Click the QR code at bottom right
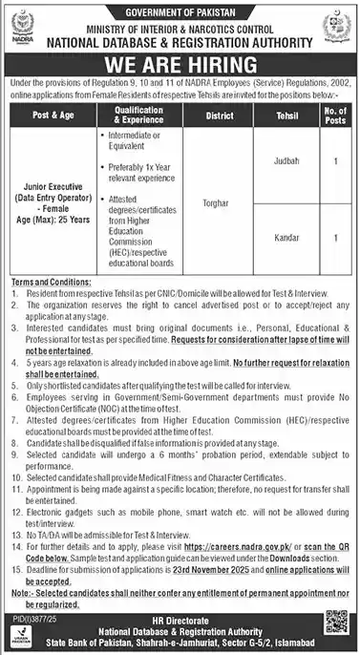(336, 626)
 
